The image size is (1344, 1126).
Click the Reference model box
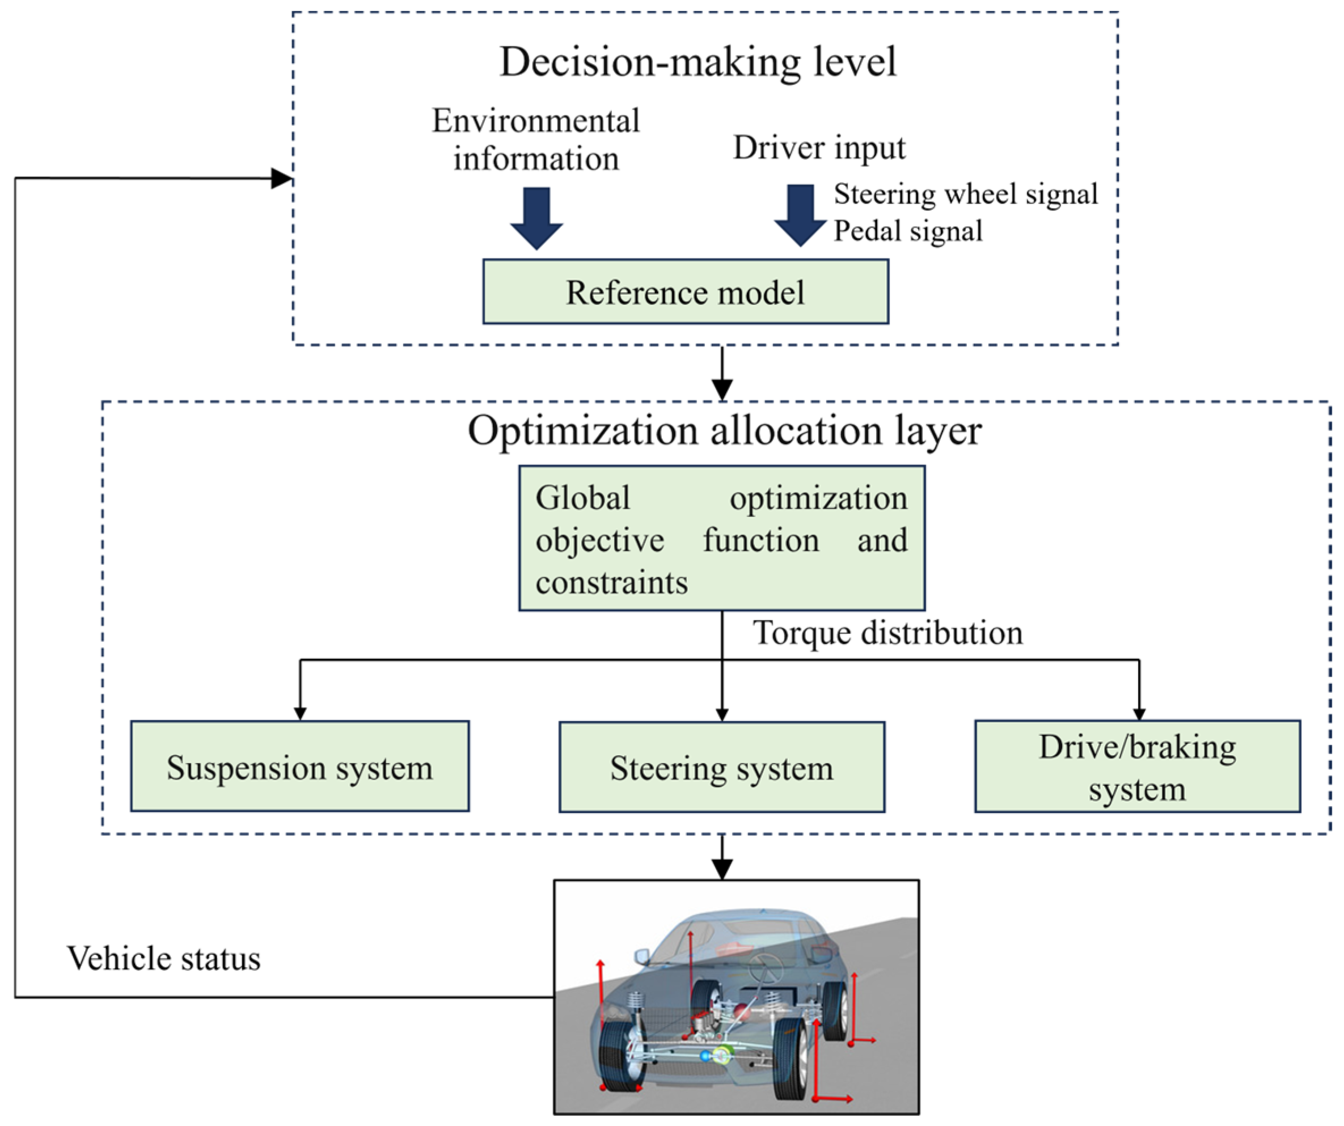coord(685,292)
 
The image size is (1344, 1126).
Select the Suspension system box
coord(299,767)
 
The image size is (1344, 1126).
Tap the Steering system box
coord(721,768)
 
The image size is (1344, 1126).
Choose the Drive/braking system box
coord(1136,767)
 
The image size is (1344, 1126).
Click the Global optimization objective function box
coord(721,539)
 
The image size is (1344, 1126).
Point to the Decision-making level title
coord(698,62)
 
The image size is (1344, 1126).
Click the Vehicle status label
coord(164,959)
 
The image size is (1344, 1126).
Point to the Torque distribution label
coord(887,633)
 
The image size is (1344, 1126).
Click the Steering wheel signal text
coord(965,194)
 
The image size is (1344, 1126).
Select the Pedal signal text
coord(907,231)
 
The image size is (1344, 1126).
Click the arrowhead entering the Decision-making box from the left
coord(282,179)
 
